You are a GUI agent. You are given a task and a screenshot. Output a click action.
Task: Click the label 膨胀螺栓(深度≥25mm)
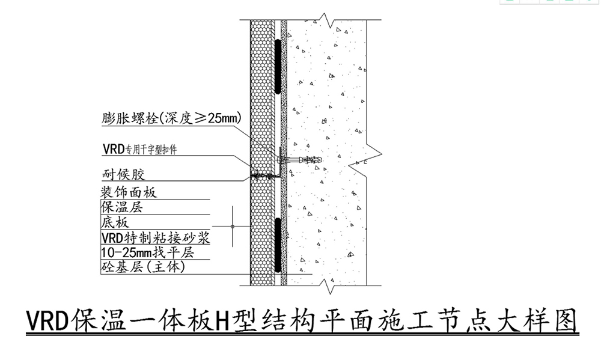tap(172, 118)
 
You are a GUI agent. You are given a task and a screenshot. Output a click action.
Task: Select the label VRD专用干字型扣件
tap(140, 149)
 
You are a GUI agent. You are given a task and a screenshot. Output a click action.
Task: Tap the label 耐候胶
tap(123, 174)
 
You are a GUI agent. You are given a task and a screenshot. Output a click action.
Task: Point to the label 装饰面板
tap(129, 192)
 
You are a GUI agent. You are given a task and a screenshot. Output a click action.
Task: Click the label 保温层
tap(122, 207)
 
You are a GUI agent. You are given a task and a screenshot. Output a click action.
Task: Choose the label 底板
tap(115, 222)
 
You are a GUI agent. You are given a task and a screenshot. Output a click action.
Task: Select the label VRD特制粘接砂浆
tap(156, 238)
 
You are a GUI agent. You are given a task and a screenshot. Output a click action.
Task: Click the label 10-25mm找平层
tap(148, 252)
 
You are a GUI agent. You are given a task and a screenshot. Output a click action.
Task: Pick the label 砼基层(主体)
tap(143, 266)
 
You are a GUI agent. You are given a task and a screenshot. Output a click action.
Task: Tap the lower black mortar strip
tap(278, 245)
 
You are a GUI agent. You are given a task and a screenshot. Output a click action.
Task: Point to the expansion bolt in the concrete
tap(300, 159)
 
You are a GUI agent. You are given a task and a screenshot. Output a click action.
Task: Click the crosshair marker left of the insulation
tap(233, 226)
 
